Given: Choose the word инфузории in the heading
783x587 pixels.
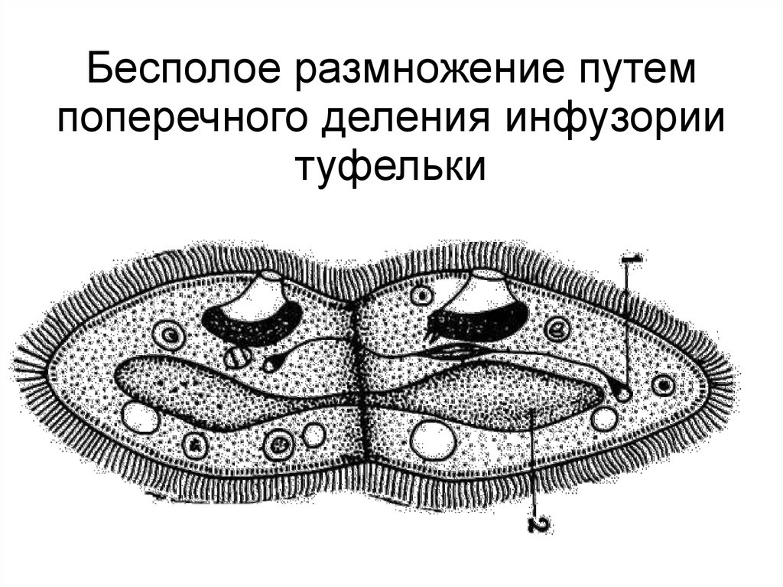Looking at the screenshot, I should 605,120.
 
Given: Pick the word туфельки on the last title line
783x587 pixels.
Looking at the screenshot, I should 391,166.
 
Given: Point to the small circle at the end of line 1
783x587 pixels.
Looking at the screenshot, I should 624,394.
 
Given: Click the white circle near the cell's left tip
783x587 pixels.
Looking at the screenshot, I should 141,418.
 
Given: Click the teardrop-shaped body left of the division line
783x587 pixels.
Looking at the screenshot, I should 271,363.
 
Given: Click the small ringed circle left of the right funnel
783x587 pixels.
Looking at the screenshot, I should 421,295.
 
